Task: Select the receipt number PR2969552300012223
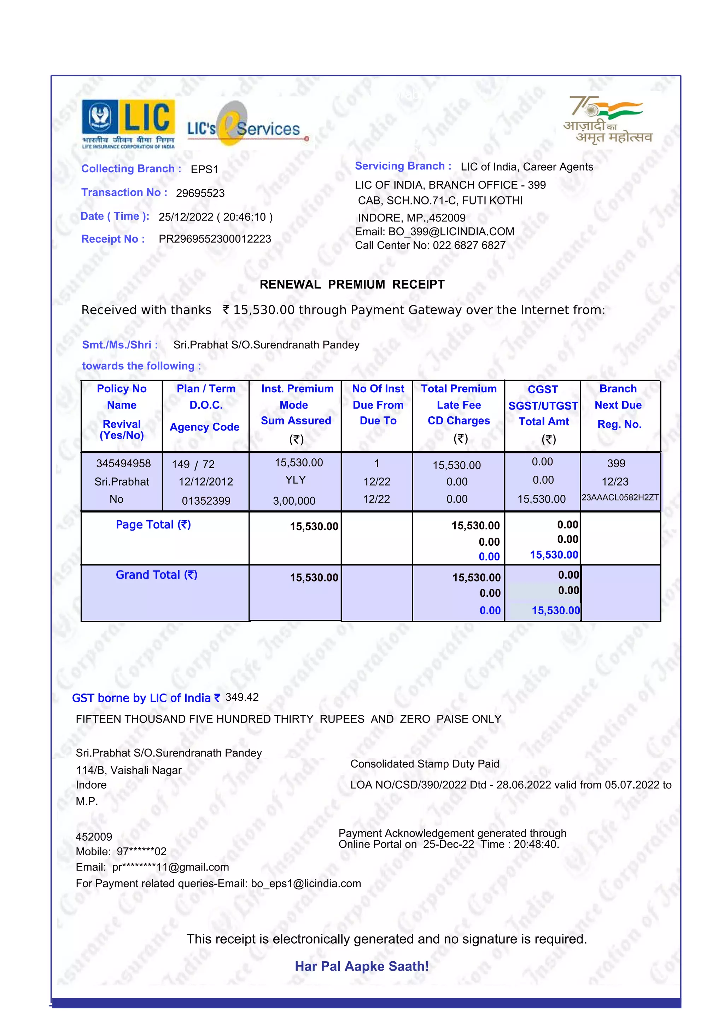[215, 239]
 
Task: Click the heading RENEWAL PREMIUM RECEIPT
[352, 284]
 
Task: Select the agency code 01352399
[206, 500]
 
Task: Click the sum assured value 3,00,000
[294, 500]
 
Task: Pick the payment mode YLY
[295, 480]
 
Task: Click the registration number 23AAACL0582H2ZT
[620, 497]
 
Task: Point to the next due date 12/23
[615, 481]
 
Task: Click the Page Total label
[153, 525]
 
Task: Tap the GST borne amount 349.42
[242, 697]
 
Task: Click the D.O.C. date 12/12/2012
[206, 482]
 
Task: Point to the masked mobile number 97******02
[141, 851]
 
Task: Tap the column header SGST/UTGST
[543, 406]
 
